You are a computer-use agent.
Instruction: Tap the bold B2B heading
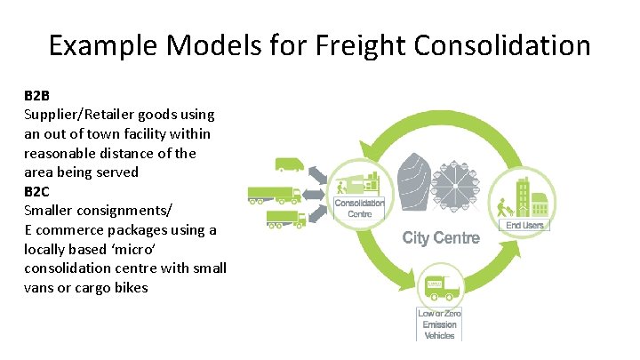point(38,97)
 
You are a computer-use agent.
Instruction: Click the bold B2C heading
point(38,190)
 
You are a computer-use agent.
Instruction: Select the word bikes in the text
point(130,287)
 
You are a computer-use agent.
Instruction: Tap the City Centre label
point(441,237)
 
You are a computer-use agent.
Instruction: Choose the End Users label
point(524,225)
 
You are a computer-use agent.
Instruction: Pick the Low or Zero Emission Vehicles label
point(439,324)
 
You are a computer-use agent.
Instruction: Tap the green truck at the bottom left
point(286,219)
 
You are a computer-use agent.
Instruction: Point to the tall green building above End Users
point(524,190)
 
